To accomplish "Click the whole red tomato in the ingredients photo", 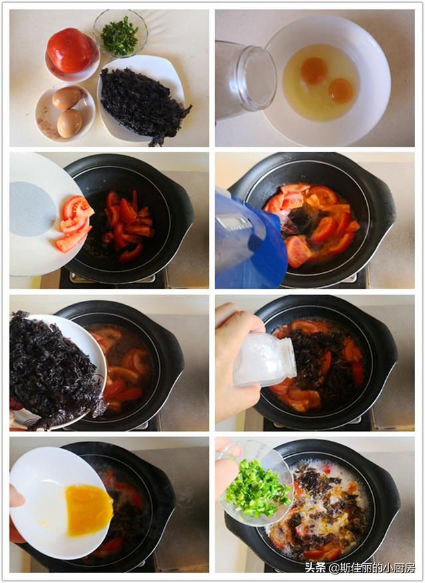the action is point(70,50).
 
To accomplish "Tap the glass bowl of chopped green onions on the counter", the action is point(120,34).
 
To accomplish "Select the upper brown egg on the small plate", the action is point(66,98).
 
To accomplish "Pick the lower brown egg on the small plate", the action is point(70,124).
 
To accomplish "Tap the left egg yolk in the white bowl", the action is point(314,71).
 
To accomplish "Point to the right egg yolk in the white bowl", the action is point(341,91).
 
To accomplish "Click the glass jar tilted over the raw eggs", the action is point(246,80).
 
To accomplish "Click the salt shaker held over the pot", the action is point(265,359).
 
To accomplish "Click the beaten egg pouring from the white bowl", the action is point(88,510).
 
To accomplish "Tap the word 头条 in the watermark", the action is point(315,567).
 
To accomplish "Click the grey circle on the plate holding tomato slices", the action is point(33,209).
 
